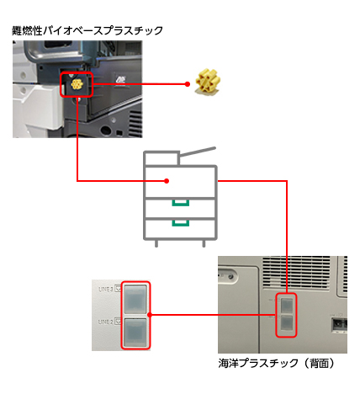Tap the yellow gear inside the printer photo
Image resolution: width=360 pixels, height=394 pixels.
pyautogui.click(x=76, y=85)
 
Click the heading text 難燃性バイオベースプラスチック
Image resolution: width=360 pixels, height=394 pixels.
pyautogui.click(x=87, y=30)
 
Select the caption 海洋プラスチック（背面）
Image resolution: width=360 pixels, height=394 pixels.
pyautogui.click(x=277, y=364)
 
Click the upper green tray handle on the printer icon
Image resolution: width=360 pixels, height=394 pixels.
pyautogui.click(x=179, y=203)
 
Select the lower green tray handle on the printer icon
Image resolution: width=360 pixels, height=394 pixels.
pyautogui.click(x=179, y=224)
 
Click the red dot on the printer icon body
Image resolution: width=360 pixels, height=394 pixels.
pyautogui.click(x=168, y=180)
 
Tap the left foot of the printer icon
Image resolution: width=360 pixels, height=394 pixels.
pyautogui.click(x=156, y=242)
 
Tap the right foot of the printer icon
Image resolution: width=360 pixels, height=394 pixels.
pyautogui.click(x=204, y=242)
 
